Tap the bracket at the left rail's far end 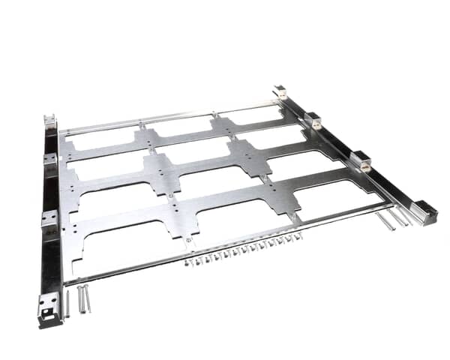[x=50, y=122]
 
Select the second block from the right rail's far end [x=313, y=120]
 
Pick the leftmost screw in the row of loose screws [x=188, y=262]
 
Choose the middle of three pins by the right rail [x=394, y=218]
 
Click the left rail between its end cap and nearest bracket [x=51, y=262]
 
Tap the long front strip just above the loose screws [x=225, y=241]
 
